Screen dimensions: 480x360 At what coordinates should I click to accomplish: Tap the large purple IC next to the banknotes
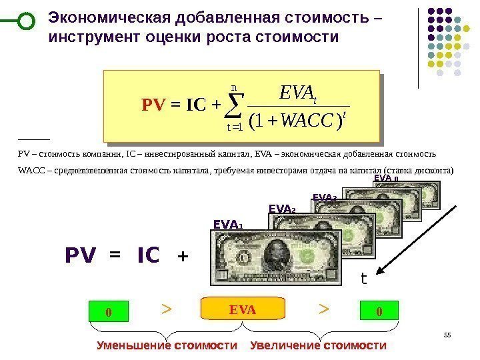click(x=149, y=256)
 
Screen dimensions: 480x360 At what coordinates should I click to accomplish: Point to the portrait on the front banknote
click(x=274, y=253)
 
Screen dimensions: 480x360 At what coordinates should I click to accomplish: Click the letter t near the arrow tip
click(x=364, y=279)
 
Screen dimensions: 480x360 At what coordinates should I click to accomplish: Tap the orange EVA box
click(x=243, y=309)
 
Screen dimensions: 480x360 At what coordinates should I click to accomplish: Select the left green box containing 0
click(x=107, y=311)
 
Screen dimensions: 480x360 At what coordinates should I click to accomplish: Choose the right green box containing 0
click(x=379, y=311)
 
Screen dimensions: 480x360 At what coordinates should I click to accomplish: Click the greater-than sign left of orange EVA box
click(x=167, y=309)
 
